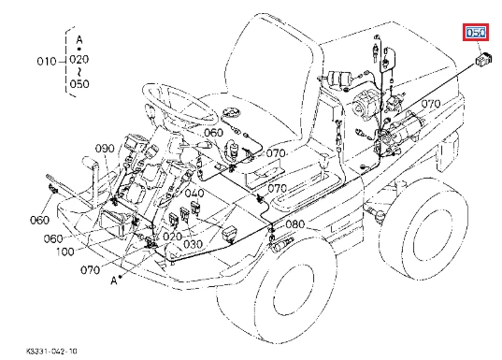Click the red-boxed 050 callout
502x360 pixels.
coord(476,33)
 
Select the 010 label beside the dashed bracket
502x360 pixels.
coord(47,61)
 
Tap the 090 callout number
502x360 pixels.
coord(105,149)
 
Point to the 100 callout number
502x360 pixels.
coord(65,252)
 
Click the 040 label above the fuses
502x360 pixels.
coord(194,194)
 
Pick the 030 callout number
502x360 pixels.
coord(194,244)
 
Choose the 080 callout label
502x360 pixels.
coord(294,224)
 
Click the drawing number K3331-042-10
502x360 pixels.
coord(51,352)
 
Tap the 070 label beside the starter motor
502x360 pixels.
coord(431,104)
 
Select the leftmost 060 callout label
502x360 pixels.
coord(39,220)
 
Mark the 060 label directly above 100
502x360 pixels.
coord(53,239)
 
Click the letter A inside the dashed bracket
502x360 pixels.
coord(79,40)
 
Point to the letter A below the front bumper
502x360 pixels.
coord(114,281)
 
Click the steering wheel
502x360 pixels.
coord(179,103)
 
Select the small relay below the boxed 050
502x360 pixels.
coord(483,60)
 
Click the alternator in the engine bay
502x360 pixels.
coord(365,104)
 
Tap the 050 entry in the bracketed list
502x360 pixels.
coord(79,84)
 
